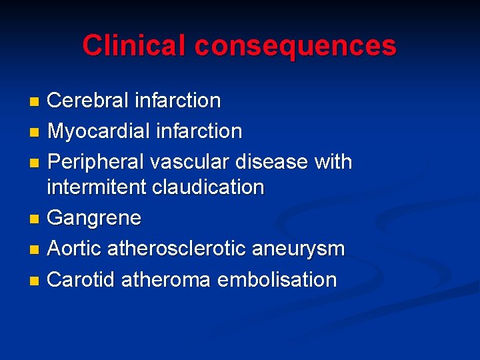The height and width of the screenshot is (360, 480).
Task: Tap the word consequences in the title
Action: (x=295, y=46)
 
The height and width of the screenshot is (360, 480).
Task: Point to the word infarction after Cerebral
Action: (x=177, y=101)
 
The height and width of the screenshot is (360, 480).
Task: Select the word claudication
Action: (x=208, y=187)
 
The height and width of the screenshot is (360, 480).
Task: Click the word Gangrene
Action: (x=94, y=218)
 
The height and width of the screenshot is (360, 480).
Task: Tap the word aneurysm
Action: (x=299, y=249)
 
